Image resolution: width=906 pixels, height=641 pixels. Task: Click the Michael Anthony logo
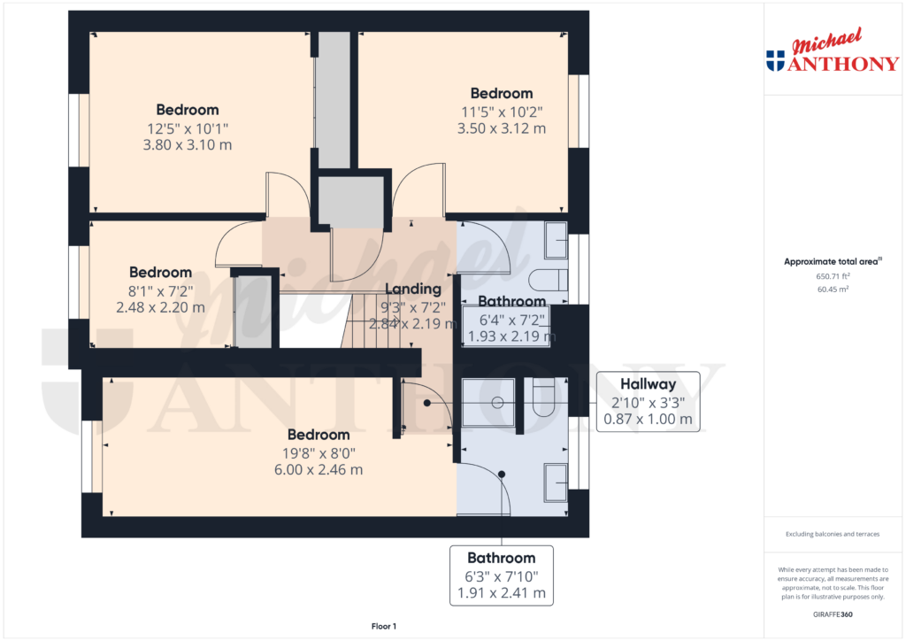tap(833, 50)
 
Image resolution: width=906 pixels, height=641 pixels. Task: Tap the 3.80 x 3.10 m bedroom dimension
tap(188, 144)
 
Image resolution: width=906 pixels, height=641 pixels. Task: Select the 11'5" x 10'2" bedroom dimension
tap(502, 112)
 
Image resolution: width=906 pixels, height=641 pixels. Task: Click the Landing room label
tap(412, 289)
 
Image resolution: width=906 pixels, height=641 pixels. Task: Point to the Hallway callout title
tap(648, 383)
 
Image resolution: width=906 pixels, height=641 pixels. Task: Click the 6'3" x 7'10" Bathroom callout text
tap(502, 576)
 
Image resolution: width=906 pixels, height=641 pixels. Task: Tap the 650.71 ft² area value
tap(833, 276)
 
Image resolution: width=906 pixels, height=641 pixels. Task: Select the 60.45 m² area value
tap(833, 289)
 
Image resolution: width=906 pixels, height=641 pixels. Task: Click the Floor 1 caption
tap(384, 626)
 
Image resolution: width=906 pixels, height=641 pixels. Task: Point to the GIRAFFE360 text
tap(832, 614)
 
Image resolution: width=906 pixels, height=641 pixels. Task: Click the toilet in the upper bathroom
tap(549, 280)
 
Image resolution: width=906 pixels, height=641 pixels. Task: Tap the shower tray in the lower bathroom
tap(488, 402)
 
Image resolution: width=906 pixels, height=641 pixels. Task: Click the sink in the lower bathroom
tap(556, 482)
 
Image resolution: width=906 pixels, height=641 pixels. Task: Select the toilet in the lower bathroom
tap(543, 398)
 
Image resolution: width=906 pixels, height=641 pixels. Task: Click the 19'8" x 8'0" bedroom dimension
tap(319, 453)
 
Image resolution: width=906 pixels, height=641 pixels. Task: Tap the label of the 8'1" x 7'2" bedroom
tap(161, 272)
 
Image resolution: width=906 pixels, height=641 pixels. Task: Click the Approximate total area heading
tap(833, 261)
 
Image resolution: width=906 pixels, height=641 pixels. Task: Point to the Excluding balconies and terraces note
tap(833, 534)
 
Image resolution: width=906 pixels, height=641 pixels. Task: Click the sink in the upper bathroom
tap(556, 240)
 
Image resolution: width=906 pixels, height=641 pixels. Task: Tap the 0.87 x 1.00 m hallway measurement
tap(648, 419)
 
